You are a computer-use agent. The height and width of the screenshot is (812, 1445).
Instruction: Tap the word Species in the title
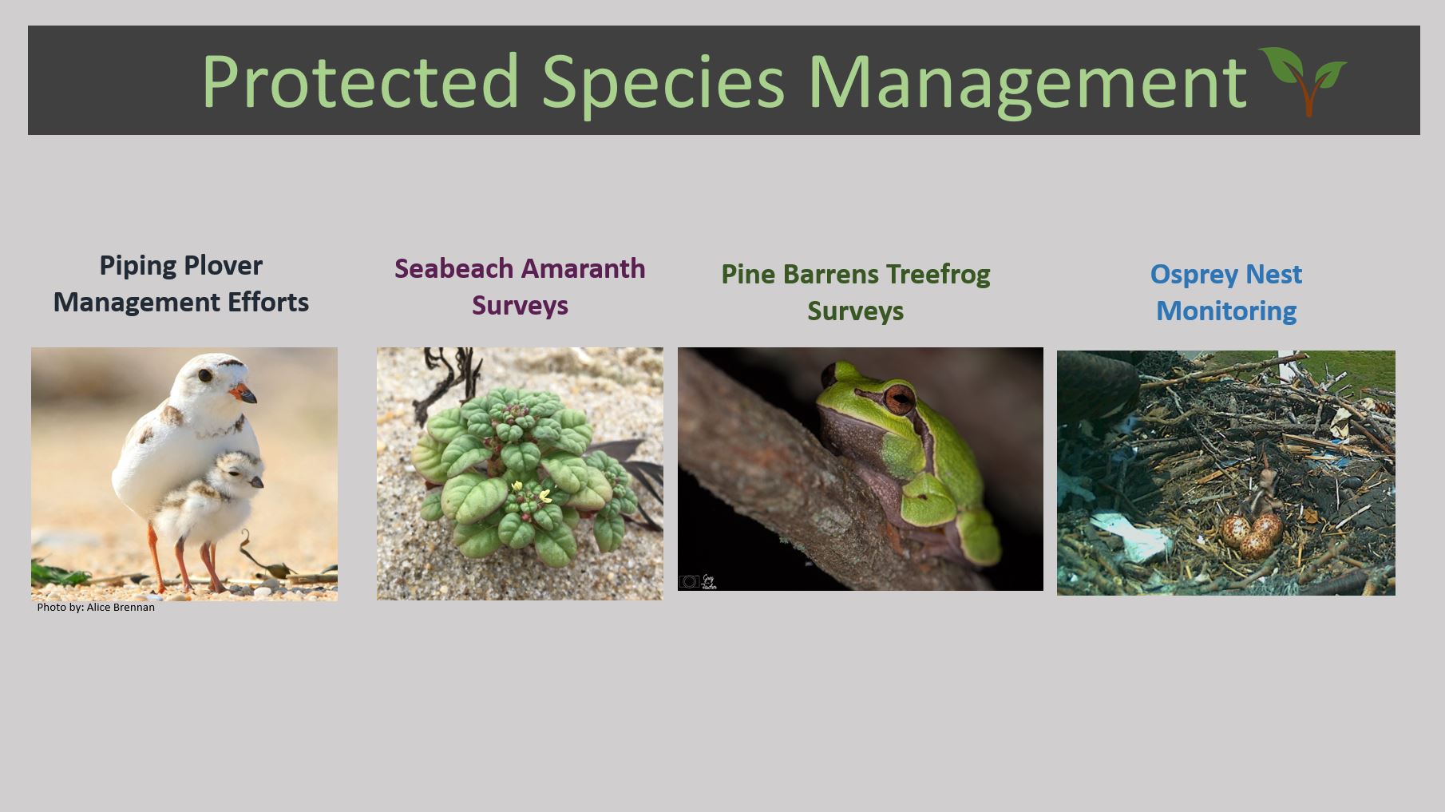click(x=663, y=83)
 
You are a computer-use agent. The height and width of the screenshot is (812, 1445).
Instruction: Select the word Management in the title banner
click(x=1027, y=83)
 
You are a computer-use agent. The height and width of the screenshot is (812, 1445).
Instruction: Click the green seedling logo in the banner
click(x=1303, y=81)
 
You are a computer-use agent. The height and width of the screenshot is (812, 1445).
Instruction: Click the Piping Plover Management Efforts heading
click(x=181, y=283)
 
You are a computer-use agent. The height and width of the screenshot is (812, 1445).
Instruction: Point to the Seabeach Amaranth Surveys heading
click(x=520, y=287)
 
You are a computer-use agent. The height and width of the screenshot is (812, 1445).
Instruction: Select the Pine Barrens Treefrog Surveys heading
click(x=855, y=292)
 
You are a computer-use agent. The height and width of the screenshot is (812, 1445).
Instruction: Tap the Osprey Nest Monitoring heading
click(x=1226, y=292)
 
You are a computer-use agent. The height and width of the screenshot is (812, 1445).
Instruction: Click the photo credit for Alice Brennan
click(x=96, y=607)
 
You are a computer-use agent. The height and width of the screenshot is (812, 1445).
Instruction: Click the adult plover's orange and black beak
click(x=243, y=393)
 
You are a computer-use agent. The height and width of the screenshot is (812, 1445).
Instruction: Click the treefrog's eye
click(x=900, y=398)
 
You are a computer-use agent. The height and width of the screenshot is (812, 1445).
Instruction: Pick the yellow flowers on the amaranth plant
click(x=532, y=492)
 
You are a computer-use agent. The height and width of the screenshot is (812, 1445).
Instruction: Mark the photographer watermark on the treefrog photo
click(x=699, y=581)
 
